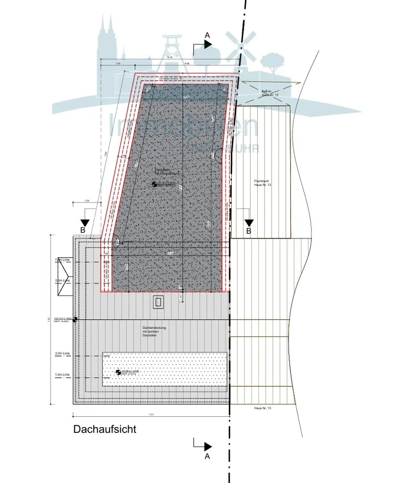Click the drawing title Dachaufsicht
105,429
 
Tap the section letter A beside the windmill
207,35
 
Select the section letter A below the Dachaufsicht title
207,455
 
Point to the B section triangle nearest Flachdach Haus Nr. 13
249,223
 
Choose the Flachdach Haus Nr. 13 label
263,183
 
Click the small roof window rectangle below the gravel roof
159,302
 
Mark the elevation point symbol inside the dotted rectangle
118,372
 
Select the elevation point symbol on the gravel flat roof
154,184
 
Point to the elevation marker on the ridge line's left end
75,320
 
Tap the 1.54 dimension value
117,64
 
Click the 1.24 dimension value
87,200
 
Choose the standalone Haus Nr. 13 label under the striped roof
263,409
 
